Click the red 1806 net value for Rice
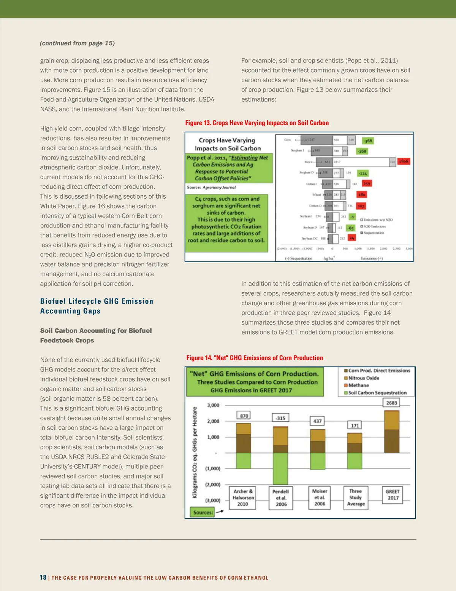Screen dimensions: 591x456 point(404,161)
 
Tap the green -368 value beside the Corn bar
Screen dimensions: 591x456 point(367,141)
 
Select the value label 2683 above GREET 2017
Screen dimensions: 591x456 point(391,403)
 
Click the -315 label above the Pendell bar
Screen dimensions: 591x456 point(280,418)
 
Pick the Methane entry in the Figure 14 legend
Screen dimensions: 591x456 point(358,385)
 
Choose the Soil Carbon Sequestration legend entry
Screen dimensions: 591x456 point(377,393)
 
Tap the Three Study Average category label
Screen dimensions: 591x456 point(356,497)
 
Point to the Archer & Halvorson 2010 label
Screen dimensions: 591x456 point(243,497)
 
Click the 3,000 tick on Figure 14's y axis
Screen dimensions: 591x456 point(213,405)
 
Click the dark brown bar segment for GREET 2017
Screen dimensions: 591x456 point(391,441)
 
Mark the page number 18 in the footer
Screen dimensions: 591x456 point(43,577)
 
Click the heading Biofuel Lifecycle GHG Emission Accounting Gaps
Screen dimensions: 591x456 point(97,306)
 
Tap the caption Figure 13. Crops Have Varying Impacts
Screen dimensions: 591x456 point(257,123)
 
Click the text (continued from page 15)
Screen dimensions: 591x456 point(78,43)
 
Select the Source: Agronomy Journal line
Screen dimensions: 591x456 point(211,187)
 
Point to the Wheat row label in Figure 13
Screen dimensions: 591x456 point(317,194)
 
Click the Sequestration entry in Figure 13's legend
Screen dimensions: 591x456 point(374,233)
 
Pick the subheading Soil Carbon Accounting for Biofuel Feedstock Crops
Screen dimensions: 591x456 point(96,335)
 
